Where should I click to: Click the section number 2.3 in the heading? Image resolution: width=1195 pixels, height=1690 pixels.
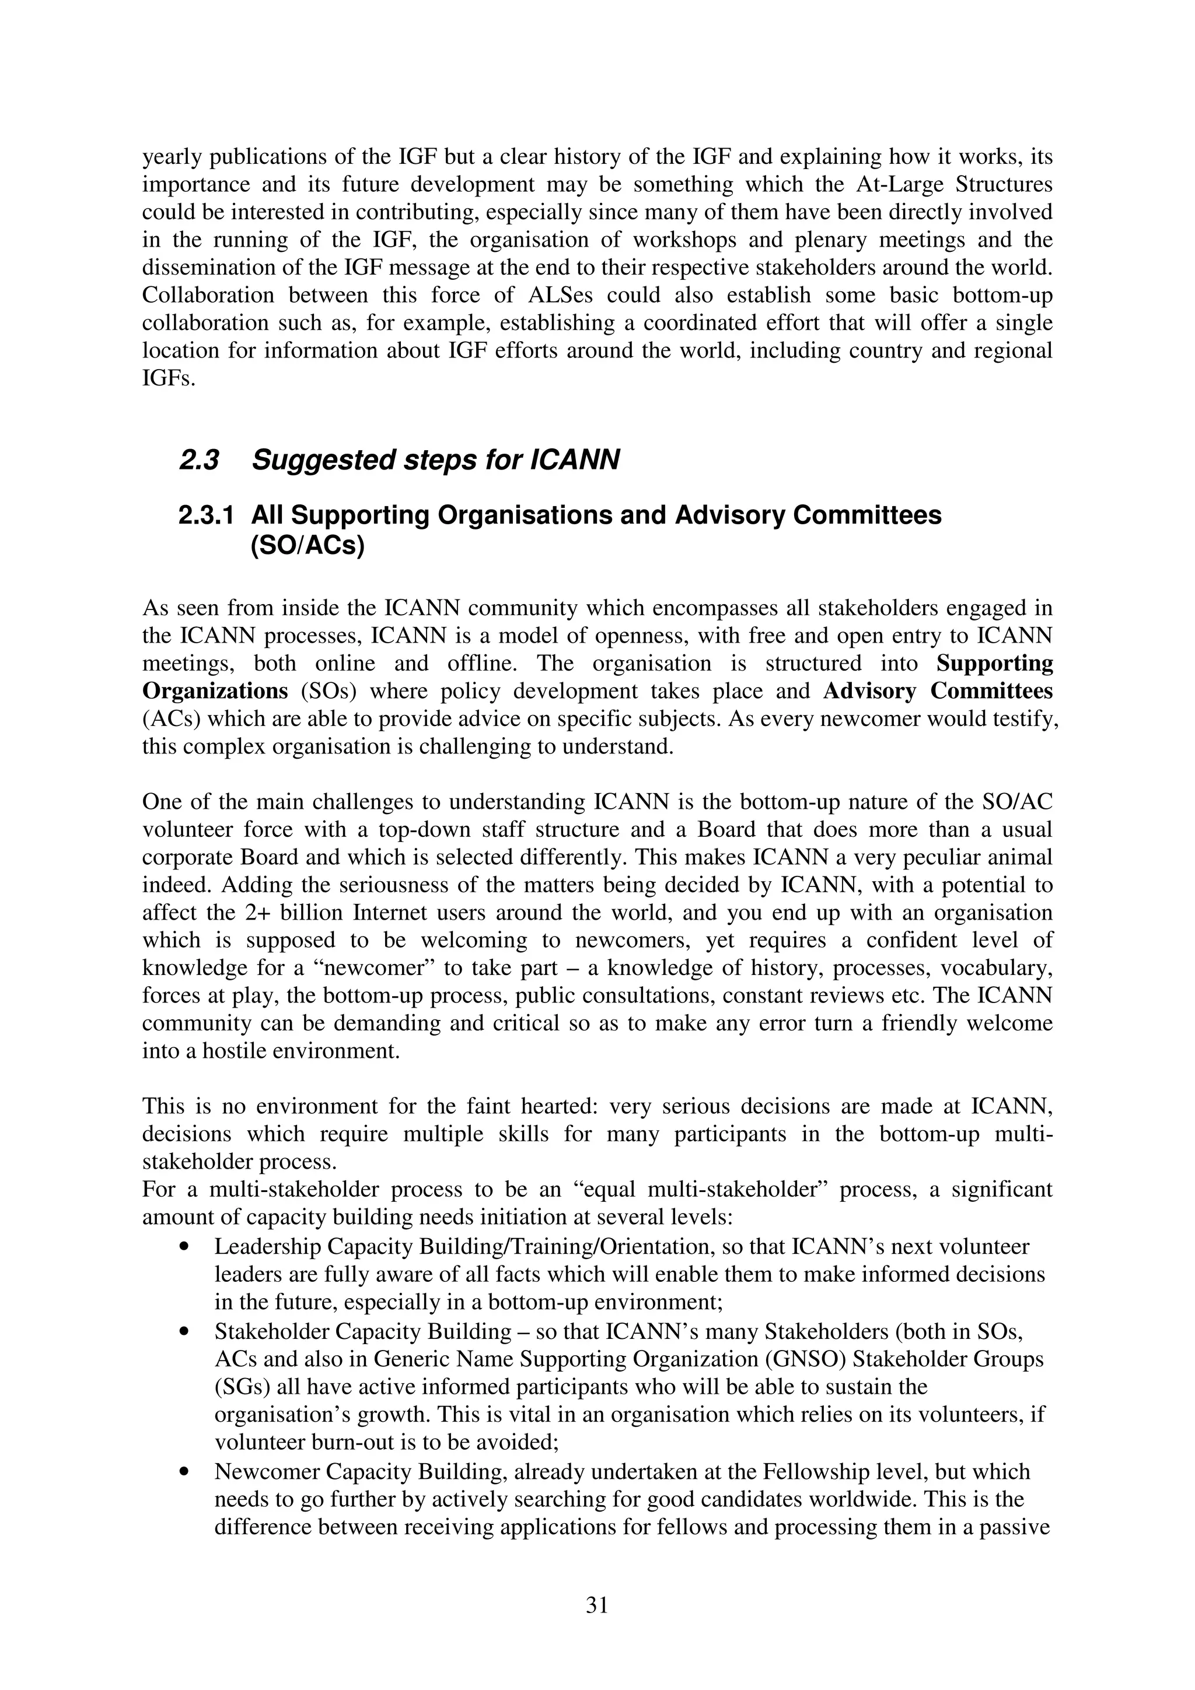pyautogui.click(x=199, y=460)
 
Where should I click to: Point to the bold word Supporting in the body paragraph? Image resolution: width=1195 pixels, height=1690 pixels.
pyautogui.click(x=994, y=663)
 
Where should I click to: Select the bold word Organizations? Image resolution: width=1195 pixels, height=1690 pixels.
pyautogui.click(x=215, y=691)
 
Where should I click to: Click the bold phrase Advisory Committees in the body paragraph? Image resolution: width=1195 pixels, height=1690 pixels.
pyautogui.click(x=937, y=691)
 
